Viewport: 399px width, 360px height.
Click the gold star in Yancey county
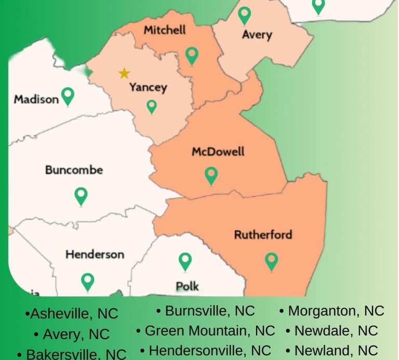pos(124,73)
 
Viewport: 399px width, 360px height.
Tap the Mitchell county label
pos(165,30)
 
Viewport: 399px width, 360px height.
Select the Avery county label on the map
pos(257,35)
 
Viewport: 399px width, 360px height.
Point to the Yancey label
pos(148,87)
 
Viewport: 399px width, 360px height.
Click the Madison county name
pos(36,99)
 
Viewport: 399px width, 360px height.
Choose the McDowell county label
pos(218,152)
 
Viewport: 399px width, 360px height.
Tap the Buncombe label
pos(74,170)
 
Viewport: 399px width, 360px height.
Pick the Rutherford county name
pos(263,234)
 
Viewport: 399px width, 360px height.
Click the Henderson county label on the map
pos(95,254)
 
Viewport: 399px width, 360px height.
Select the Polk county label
pos(187,286)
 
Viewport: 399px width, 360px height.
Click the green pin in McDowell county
pos(211,176)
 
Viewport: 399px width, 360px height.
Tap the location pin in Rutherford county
pos(271,261)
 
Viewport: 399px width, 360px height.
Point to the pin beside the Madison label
pos(68,96)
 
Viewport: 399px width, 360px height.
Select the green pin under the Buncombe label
pos(81,196)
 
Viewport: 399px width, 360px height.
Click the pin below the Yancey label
pos(151,106)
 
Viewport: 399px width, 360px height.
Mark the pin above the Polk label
pos(185,261)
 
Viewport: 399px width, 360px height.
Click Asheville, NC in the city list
pos(72,314)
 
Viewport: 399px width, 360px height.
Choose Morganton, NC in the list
pos(336,311)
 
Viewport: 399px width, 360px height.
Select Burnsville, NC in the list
pos(206,311)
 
